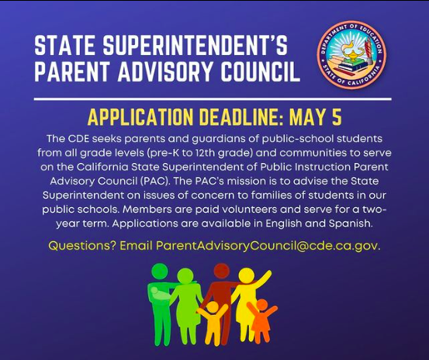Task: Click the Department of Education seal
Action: click(352, 55)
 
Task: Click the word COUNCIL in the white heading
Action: click(260, 71)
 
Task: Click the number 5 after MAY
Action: click(337, 117)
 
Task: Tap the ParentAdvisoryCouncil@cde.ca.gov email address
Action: click(268, 246)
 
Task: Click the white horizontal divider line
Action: click(213, 99)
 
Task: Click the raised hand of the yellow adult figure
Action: click(268, 275)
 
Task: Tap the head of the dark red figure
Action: click(222, 271)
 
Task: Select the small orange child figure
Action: click(261, 320)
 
